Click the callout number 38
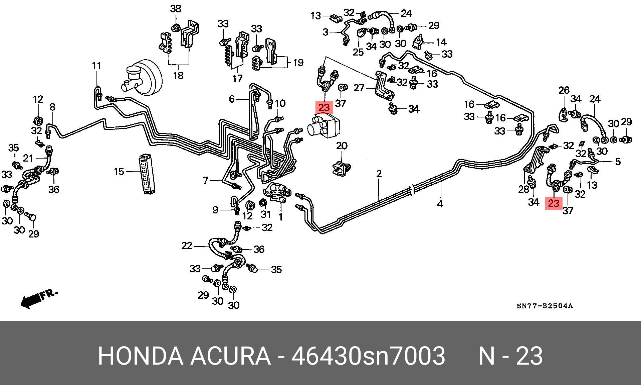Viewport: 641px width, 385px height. [x=176, y=9]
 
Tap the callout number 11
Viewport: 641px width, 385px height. [x=96, y=66]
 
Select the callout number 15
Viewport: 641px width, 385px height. [x=119, y=172]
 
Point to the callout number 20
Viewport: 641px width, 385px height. [x=342, y=146]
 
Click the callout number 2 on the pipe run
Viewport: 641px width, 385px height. [x=379, y=174]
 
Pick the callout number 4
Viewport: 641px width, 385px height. [x=440, y=203]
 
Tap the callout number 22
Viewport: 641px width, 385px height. [x=187, y=246]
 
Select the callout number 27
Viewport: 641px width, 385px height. [x=359, y=88]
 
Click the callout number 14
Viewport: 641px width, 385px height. [x=441, y=42]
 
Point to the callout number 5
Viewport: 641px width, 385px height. [x=618, y=162]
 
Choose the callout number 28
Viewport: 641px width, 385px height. [x=523, y=189]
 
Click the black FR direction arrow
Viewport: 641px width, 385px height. [x=32, y=300]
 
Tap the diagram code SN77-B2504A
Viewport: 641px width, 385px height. [x=545, y=306]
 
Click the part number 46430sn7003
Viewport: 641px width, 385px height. [x=368, y=356]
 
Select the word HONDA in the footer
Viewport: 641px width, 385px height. [x=141, y=356]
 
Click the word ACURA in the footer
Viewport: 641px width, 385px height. [x=230, y=356]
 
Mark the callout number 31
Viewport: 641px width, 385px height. [x=265, y=213]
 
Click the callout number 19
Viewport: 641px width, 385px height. [x=298, y=63]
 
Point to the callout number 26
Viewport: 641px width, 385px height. [x=564, y=90]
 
